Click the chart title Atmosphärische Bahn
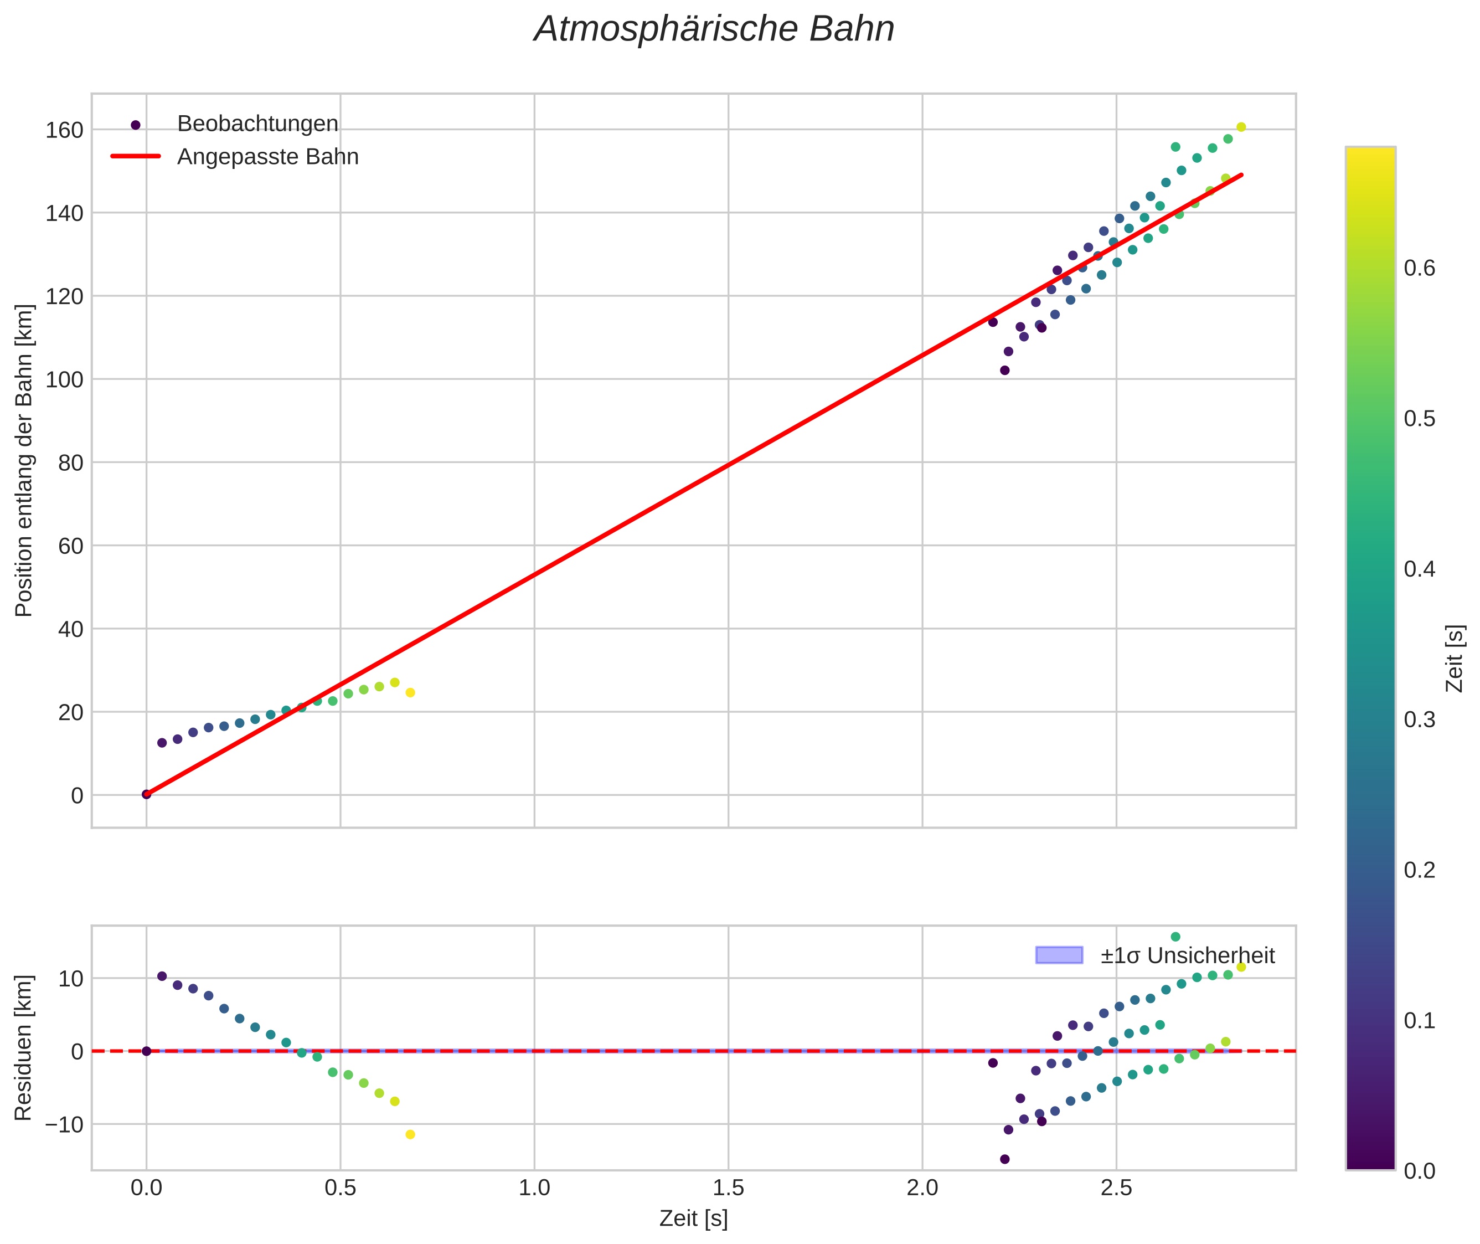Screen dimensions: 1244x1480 (x=714, y=29)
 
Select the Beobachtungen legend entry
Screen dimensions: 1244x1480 (x=257, y=124)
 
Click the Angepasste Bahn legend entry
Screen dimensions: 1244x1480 (x=267, y=157)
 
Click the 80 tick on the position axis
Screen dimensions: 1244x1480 (x=70, y=462)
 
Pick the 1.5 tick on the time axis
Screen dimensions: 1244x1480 (x=728, y=1188)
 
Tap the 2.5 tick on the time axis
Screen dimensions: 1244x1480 (x=1116, y=1188)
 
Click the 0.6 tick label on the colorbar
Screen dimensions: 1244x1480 (x=1419, y=269)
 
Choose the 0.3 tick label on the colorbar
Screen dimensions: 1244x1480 (x=1419, y=720)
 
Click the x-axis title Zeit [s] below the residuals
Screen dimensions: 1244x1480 (x=693, y=1219)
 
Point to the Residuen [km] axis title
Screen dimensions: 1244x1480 (x=23, y=1047)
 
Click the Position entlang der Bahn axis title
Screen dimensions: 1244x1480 (x=23, y=460)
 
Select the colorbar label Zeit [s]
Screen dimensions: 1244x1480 (x=1455, y=658)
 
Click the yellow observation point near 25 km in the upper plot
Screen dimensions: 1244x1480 (x=410, y=692)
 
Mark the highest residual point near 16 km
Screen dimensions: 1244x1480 (x=1175, y=937)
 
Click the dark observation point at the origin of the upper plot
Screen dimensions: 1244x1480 (x=147, y=794)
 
